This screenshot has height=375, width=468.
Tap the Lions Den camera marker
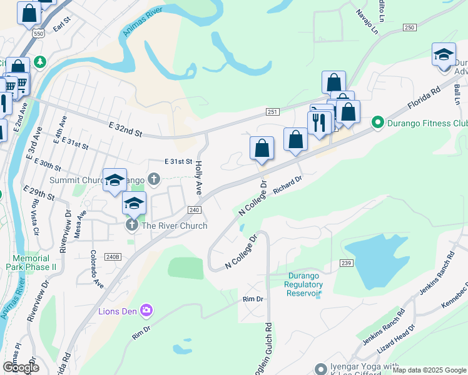(146, 309)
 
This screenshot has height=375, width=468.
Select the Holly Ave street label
(198, 177)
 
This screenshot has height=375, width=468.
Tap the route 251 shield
(272, 111)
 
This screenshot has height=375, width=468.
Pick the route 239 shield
(346, 264)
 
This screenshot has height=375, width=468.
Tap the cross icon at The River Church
(131, 225)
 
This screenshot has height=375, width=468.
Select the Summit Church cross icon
(155, 181)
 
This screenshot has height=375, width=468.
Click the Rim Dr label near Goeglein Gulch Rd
(253, 299)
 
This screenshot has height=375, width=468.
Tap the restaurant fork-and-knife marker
(320, 122)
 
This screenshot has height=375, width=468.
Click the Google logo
(21, 367)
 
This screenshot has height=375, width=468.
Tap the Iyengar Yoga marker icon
(322, 369)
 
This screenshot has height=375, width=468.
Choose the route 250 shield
(409, 27)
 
